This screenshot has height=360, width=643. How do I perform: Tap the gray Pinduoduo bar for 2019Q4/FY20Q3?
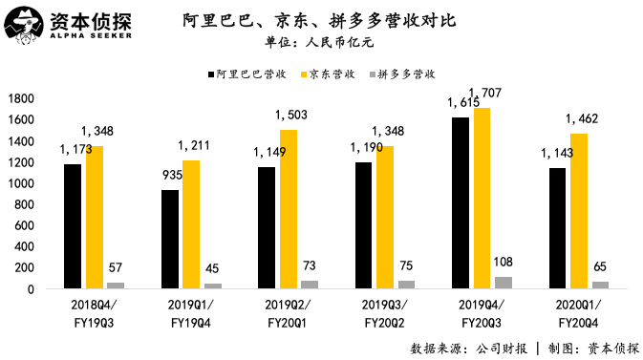point(503,283)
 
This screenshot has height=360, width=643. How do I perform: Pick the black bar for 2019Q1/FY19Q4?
point(170,239)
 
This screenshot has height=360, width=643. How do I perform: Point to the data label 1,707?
point(509,94)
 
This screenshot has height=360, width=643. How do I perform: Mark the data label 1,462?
point(582,119)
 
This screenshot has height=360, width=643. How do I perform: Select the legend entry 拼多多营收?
point(407,73)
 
